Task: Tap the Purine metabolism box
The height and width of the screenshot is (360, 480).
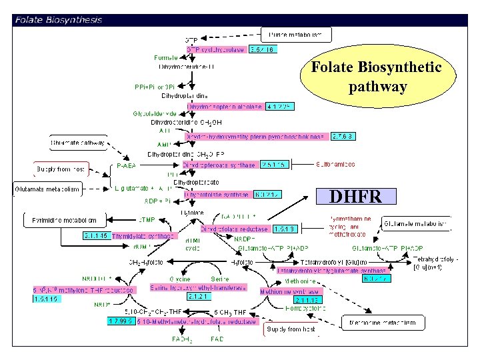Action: click(x=295, y=34)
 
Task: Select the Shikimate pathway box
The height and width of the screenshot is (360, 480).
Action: click(x=79, y=142)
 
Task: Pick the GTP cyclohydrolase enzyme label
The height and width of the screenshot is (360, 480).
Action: click(x=217, y=49)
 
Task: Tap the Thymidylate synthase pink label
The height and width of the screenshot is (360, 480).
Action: click(x=143, y=236)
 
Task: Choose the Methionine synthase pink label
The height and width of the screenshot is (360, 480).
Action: click(x=290, y=291)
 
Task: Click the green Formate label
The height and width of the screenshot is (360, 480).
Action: click(x=165, y=57)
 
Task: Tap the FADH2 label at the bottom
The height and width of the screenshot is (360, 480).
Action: click(x=183, y=339)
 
